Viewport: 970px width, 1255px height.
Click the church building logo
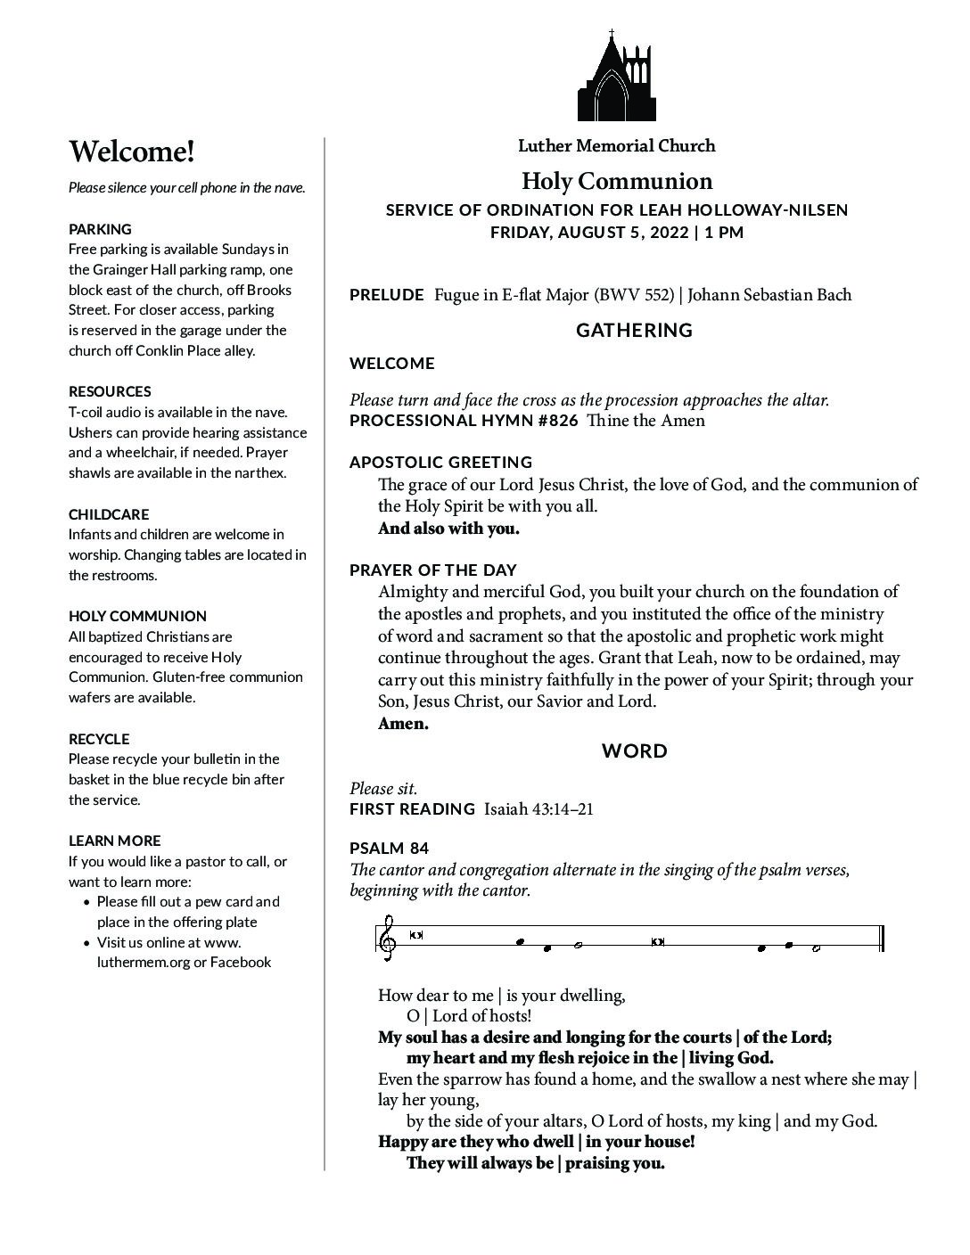pos(616,78)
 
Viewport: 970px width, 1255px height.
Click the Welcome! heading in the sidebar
pos(132,152)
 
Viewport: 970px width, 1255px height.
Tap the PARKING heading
pos(100,229)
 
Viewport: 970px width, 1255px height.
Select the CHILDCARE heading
pos(109,514)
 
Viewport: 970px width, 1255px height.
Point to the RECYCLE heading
pos(99,739)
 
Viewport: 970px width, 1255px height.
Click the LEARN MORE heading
pos(115,841)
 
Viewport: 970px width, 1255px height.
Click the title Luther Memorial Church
pos(616,145)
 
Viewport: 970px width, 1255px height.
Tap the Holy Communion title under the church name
pos(616,182)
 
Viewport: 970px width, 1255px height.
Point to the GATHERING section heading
pos(634,331)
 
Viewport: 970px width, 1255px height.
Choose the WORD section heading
pos(634,751)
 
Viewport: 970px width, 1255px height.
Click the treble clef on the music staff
pos(386,939)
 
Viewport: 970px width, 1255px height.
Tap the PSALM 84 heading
pos(389,848)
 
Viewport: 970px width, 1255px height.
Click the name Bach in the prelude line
pos(832,295)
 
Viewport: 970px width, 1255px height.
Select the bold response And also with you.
pos(448,529)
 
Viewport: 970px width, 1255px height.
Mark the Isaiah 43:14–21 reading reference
pos(538,809)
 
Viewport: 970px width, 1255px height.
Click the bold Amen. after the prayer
pos(403,724)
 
